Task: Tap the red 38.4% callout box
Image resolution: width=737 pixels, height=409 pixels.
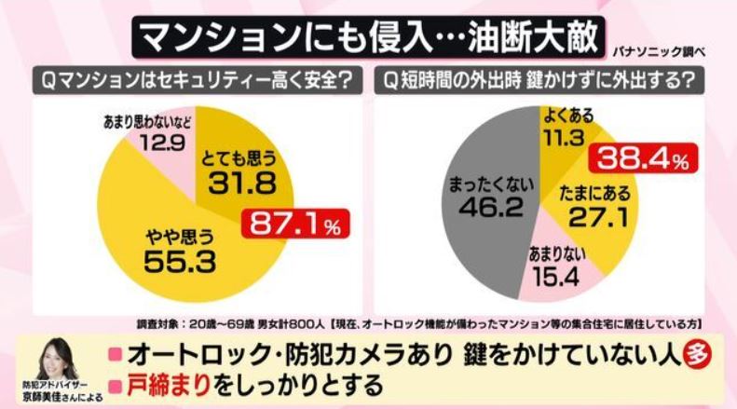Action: coord(644,160)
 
